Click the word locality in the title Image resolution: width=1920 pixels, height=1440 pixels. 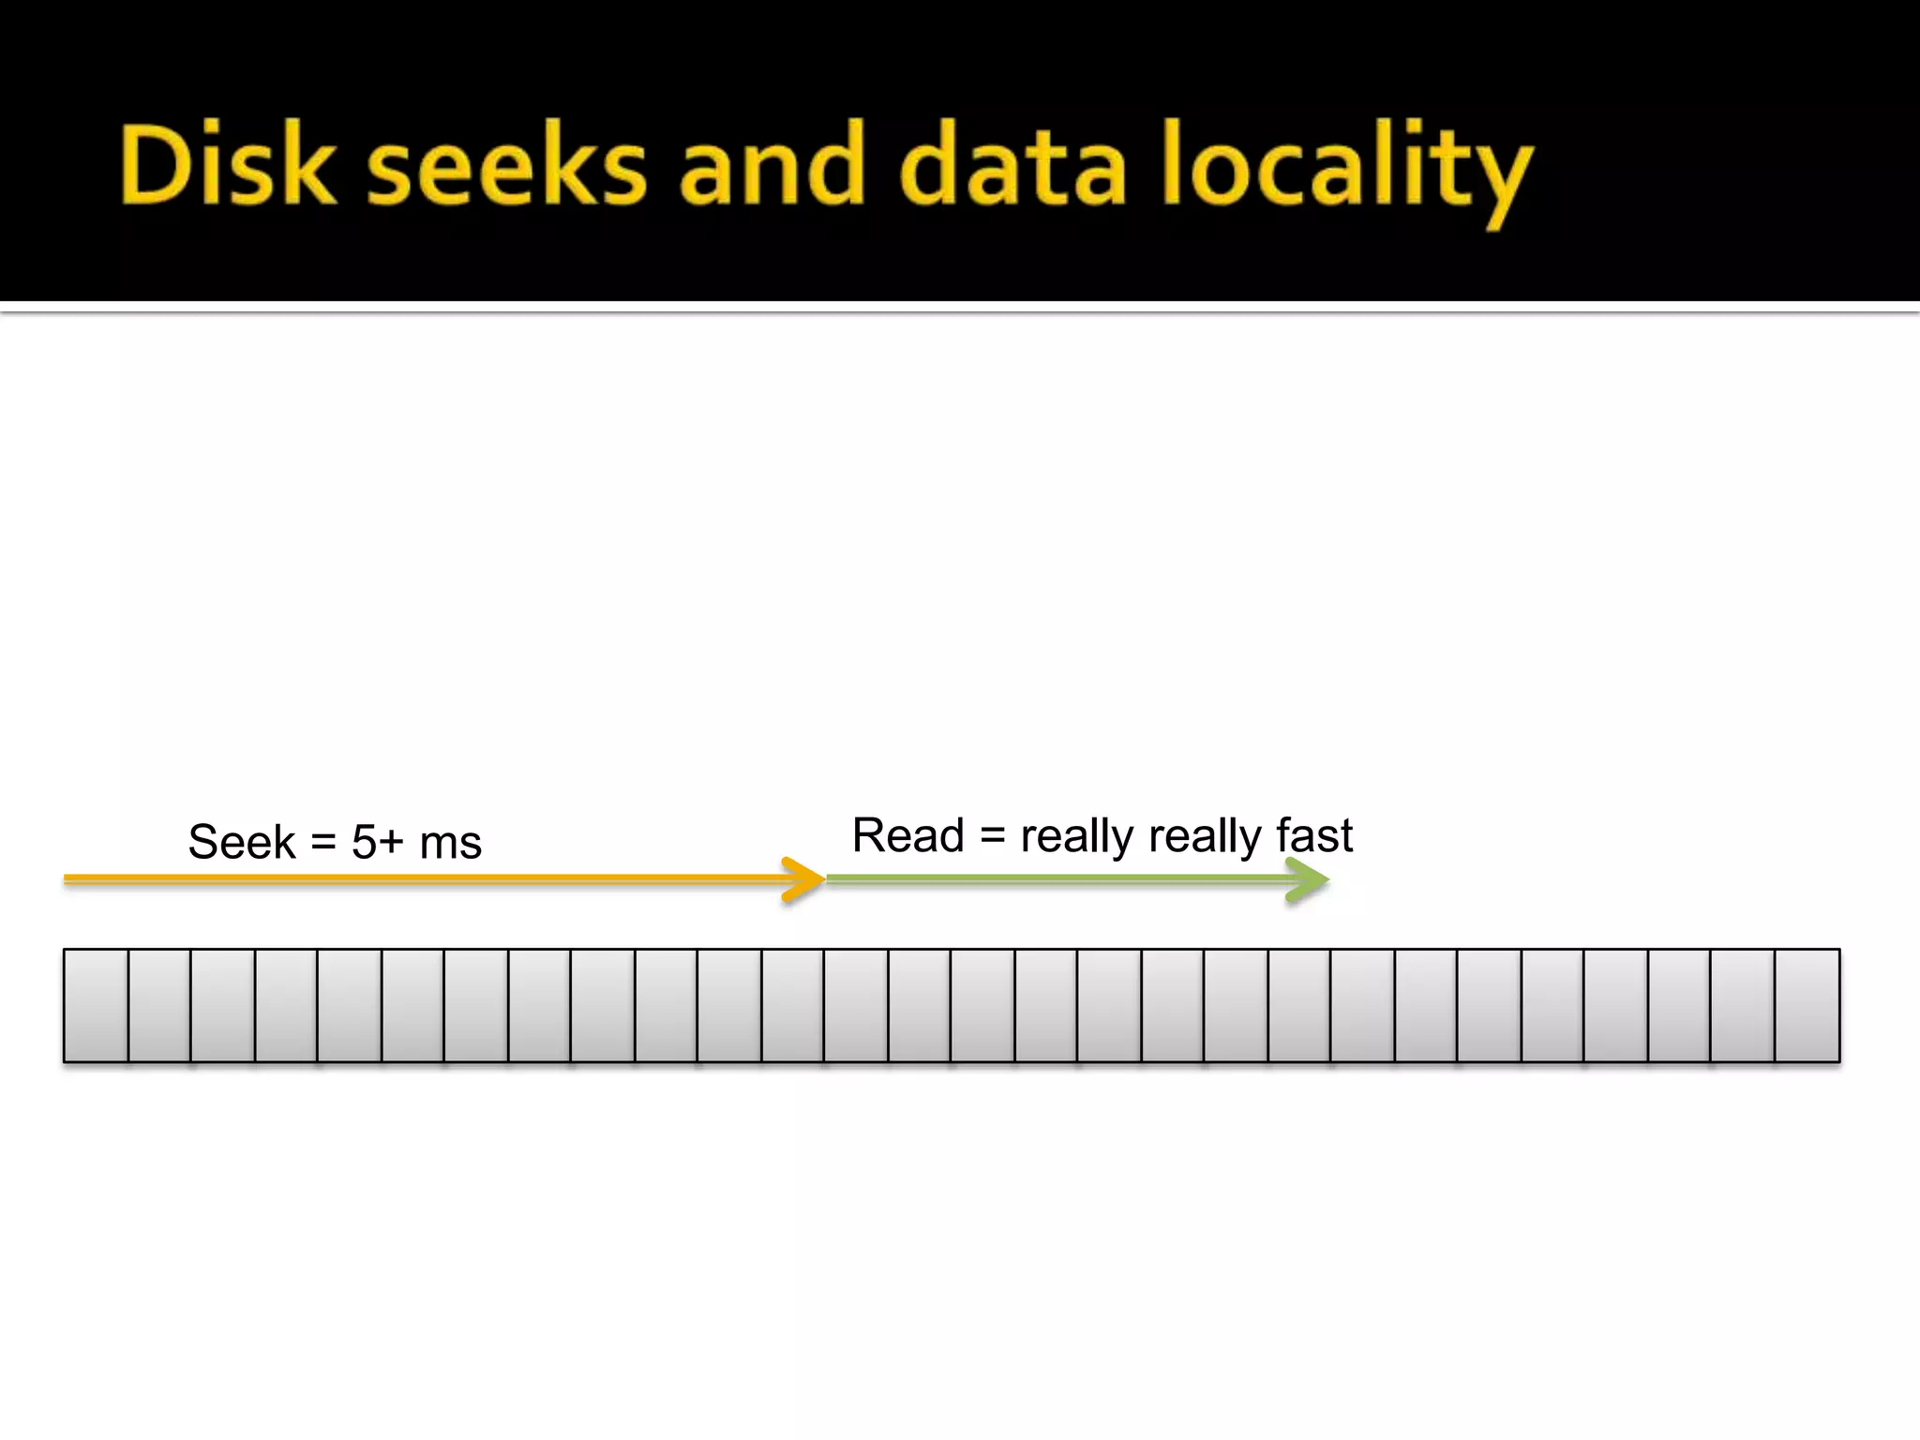[1346, 169]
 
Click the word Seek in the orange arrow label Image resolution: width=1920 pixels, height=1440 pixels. [242, 842]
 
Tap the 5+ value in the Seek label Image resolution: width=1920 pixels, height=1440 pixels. [377, 842]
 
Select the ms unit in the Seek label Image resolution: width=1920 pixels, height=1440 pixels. [451, 844]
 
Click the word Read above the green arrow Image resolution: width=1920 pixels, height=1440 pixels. [907, 835]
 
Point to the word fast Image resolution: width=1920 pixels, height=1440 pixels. [1314, 835]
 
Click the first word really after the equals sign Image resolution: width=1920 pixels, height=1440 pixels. [1076, 837]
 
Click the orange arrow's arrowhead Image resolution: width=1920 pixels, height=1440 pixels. [804, 879]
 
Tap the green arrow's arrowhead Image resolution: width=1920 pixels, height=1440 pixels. [1309, 880]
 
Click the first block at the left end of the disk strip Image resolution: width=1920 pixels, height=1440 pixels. [96, 1005]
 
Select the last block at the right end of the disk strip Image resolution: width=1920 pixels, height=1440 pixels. [1807, 1005]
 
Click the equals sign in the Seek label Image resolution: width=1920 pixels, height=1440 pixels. [323, 842]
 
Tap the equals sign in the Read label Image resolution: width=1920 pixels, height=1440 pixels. [992, 835]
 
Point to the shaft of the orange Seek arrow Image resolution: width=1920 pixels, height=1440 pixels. [422, 879]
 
